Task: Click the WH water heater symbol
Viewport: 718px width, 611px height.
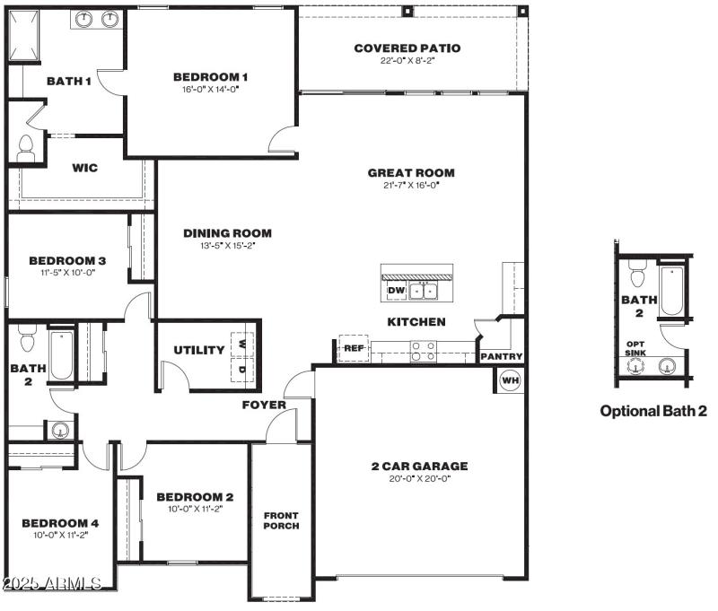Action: tap(510, 380)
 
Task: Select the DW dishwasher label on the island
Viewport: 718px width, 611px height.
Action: tap(396, 291)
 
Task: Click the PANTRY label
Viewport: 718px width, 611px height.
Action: tap(501, 356)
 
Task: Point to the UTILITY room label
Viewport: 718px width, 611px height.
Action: tap(198, 350)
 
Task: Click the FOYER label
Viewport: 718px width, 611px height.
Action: tap(264, 405)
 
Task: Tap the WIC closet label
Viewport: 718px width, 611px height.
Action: tap(84, 168)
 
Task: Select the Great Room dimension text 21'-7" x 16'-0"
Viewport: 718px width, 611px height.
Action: tap(410, 185)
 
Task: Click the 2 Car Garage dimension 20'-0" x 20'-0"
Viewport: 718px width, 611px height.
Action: tap(420, 478)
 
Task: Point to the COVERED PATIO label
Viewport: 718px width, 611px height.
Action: tap(407, 48)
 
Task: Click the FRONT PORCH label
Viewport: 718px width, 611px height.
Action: tap(280, 521)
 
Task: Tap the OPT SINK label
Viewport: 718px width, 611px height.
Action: tap(635, 348)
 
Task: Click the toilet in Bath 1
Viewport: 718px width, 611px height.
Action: tap(25, 149)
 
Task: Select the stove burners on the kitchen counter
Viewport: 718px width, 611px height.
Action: tap(423, 352)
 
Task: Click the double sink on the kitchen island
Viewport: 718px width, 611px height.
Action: tap(424, 291)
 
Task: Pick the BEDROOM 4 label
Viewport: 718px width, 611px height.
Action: tap(60, 523)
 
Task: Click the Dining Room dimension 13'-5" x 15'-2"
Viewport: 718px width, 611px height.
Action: tap(227, 245)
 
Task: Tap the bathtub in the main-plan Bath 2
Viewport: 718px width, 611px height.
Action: tap(61, 356)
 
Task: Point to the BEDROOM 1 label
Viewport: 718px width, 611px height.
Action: tap(210, 77)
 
